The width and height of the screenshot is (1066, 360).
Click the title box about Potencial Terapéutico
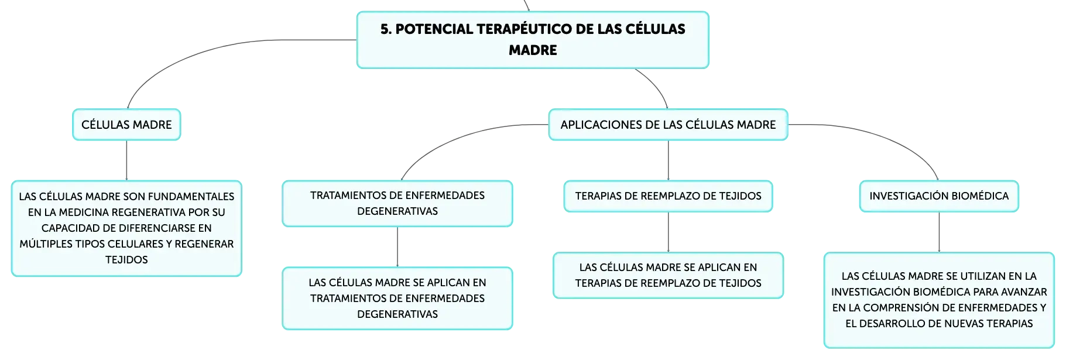coord(533,40)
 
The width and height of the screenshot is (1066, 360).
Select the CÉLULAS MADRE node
coord(126,125)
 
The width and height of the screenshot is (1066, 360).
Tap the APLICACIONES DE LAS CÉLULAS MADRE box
coord(668,125)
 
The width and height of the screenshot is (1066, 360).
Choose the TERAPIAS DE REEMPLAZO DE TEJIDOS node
coord(668,196)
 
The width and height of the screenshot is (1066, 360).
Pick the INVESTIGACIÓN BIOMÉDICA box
coord(939,196)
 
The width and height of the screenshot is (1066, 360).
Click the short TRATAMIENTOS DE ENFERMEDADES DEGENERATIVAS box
coord(397,204)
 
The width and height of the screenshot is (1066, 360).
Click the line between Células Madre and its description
coord(126,160)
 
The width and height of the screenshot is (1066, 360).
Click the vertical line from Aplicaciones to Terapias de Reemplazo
coord(668,160)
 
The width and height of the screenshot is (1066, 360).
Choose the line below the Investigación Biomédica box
coord(939,232)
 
